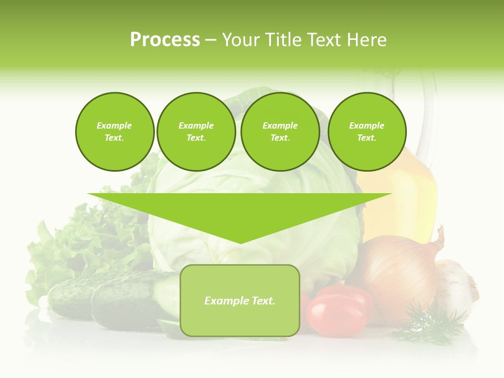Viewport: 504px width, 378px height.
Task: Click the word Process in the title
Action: (x=165, y=40)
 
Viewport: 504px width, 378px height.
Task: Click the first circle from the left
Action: (x=114, y=132)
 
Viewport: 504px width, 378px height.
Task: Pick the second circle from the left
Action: (x=196, y=132)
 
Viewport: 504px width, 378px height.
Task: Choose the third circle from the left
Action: (x=280, y=132)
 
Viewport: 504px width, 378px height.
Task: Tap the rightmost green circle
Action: (x=366, y=132)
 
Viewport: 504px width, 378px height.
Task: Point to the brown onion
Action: (x=399, y=273)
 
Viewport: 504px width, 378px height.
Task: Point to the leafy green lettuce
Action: (x=79, y=241)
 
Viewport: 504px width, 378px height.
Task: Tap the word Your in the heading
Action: (x=240, y=40)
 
